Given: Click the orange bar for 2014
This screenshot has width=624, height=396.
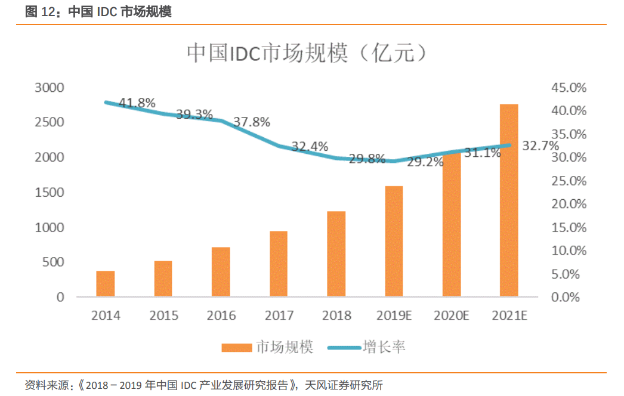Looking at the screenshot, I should (x=105, y=284).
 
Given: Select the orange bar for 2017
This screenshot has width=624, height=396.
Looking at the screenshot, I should (x=279, y=264).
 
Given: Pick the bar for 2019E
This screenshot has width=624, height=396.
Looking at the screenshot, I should (x=394, y=242).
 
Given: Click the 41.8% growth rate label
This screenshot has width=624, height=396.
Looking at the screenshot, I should (x=137, y=103).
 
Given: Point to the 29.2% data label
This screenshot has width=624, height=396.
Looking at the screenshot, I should (x=425, y=162).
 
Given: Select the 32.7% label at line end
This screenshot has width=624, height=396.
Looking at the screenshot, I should (x=540, y=146).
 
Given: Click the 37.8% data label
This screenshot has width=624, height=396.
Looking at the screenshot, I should (x=251, y=122).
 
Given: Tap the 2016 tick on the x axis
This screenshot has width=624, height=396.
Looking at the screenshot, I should (x=221, y=315).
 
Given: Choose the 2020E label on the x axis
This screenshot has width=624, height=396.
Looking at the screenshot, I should (x=452, y=315).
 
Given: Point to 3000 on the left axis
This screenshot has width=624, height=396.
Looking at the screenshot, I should (x=50, y=88).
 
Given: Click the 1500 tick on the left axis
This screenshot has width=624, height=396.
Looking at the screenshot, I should (x=50, y=193).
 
